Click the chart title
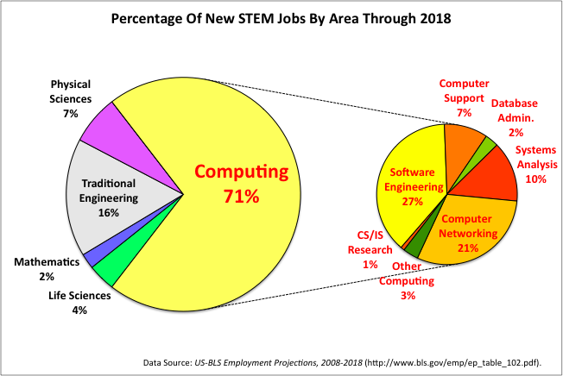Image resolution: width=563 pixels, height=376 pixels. [281, 18]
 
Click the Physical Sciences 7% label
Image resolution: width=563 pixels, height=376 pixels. [71, 98]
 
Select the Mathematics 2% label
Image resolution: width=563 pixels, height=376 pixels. [47, 268]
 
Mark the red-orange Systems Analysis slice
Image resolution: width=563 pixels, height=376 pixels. [494, 177]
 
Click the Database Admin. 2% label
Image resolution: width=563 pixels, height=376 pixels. [515, 117]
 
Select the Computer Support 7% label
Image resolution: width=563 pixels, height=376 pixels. [464, 97]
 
